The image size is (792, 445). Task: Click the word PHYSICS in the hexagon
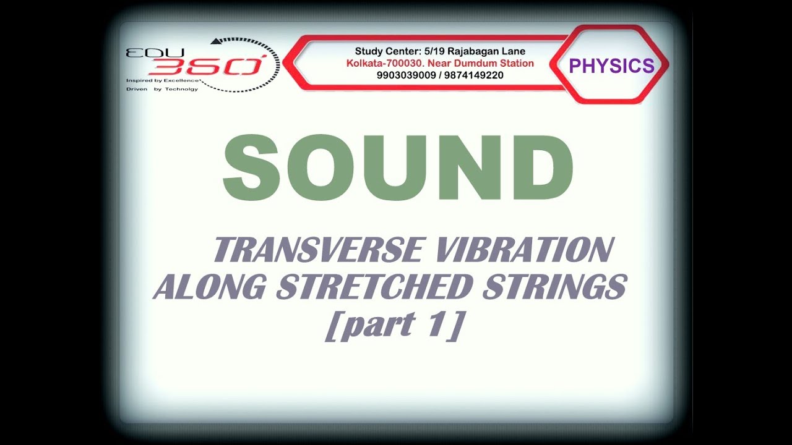coord(611,66)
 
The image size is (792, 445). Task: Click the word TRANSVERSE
coord(318,250)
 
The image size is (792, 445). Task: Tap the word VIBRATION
coord(525,250)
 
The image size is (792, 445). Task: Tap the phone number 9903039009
coord(405,75)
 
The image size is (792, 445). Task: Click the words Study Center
coord(381,51)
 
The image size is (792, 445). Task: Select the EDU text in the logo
coord(144,52)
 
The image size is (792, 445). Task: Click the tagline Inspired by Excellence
coord(163,80)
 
